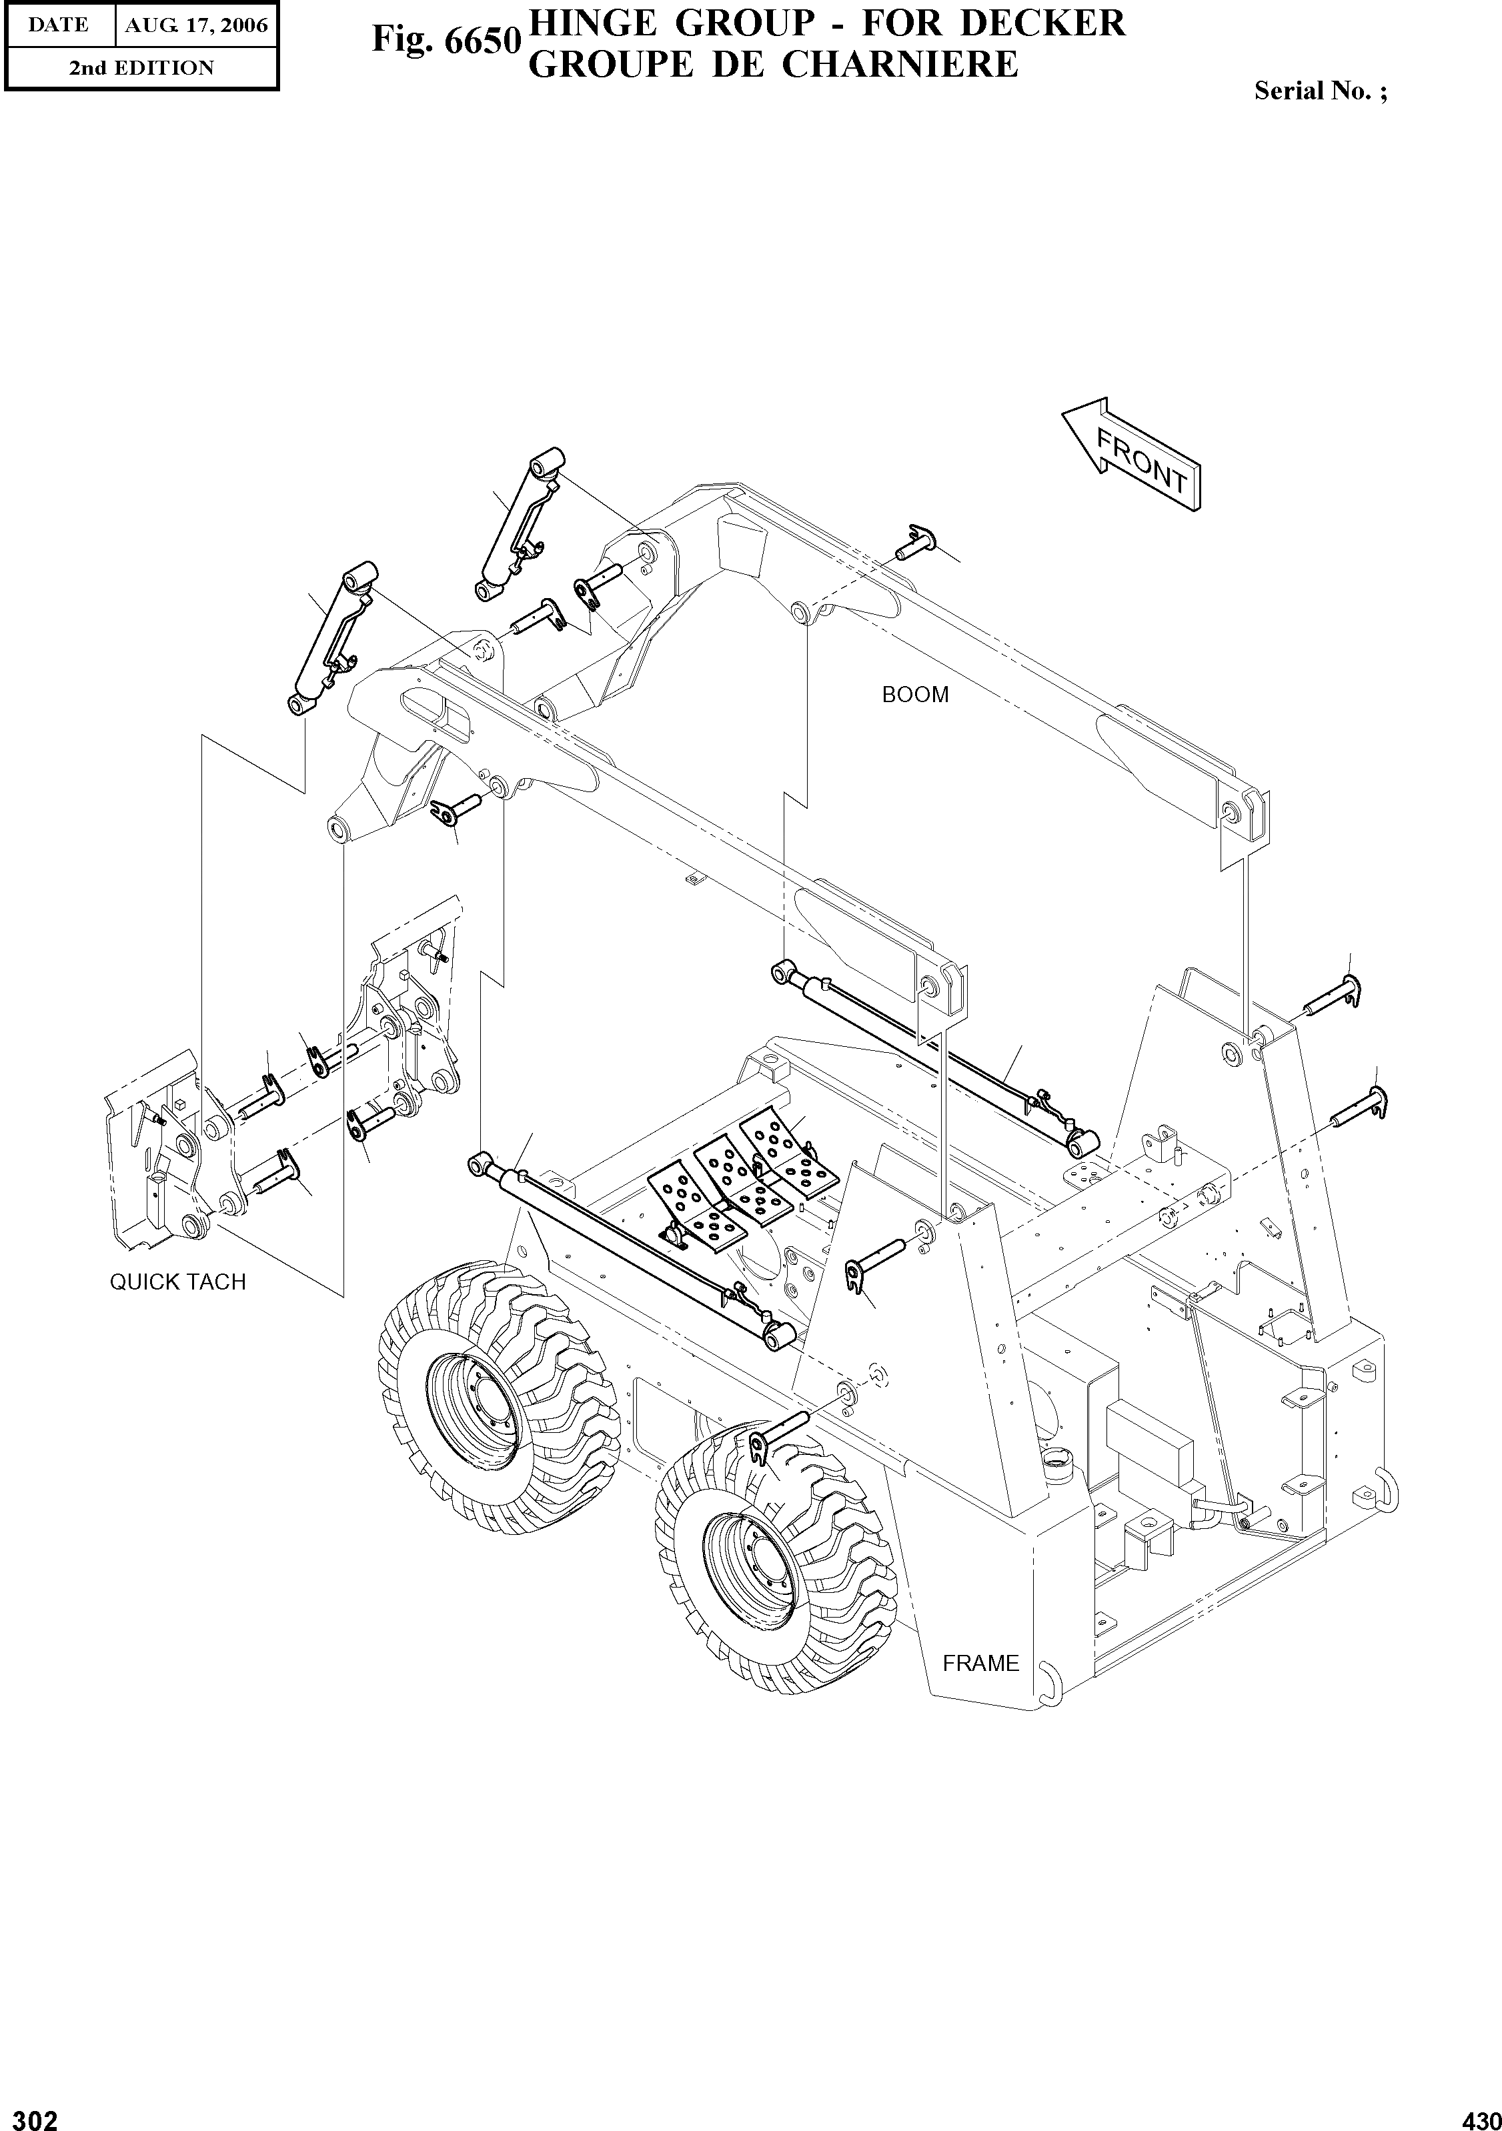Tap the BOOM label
pyautogui.click(x=915, y=695)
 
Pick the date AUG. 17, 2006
pyautogui.click(x=197, y=25)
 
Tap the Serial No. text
pyautogui.click(x=1320, y=91)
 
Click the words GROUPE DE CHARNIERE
pyautogui.click(x=773, y=65)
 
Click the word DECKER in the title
pyautogui.click(x=1042, y=22)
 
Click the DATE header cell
pyautogui.click(x=57, y=25)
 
